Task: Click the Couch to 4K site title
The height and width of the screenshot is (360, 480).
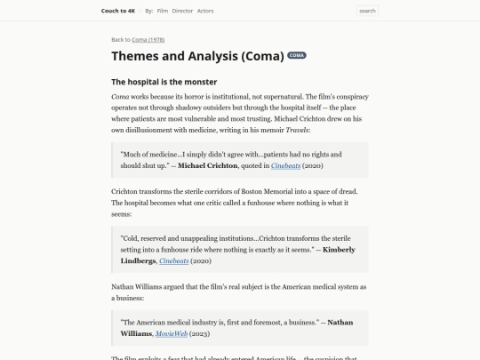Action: [x=117, y=11]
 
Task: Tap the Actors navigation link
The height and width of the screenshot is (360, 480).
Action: [x=205, y=11]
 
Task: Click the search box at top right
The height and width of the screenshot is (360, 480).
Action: [x=367, y=11]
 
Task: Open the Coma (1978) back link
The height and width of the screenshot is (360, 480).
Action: [x=148, y=40]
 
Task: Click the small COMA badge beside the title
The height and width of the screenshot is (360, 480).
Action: [x=297, y=55]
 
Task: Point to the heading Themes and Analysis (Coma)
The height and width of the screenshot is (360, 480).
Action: [x=196, y=56]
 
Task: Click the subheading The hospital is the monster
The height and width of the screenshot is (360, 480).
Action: [x=164, y=83]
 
